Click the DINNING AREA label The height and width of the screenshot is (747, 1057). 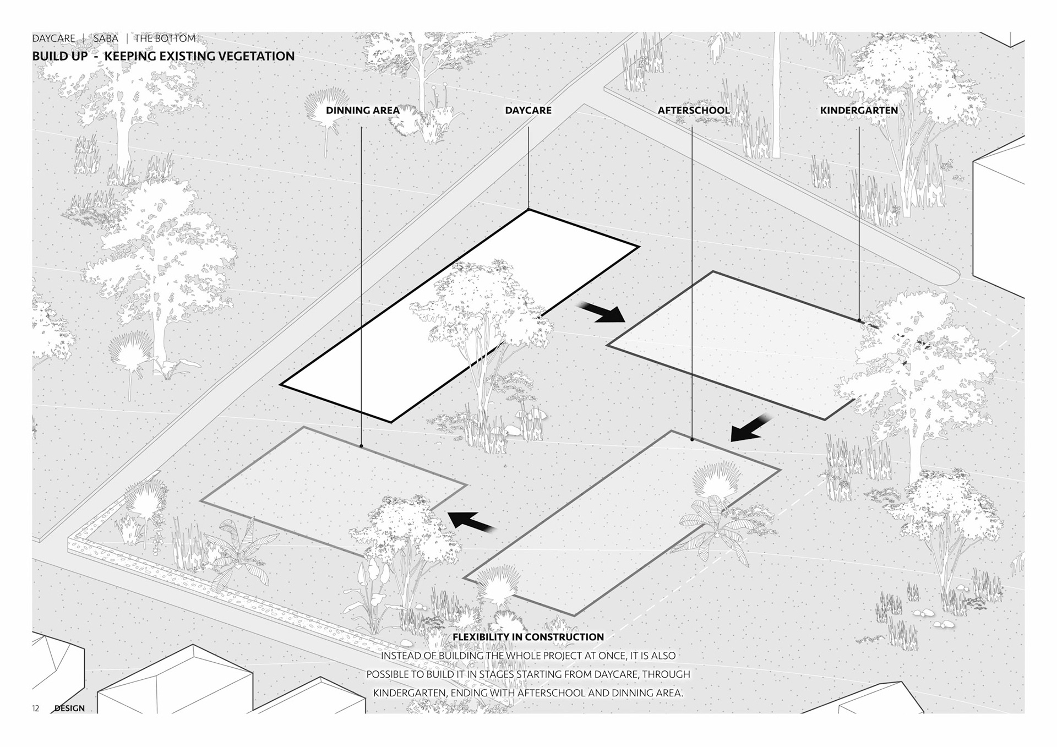[x=362, y=110]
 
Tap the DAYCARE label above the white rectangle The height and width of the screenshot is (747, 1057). [x=528, y=110]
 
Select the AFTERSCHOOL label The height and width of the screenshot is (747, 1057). [x=693, y=110]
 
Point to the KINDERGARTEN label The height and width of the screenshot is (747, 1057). [x=858, y=110]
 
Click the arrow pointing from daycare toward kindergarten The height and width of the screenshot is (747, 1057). [x=601, y=312]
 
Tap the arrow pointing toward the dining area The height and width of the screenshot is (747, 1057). [x=471, y=521]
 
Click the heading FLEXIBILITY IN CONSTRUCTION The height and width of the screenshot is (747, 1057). [x=528, y=637]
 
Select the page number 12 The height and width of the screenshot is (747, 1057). [x=36, y=708]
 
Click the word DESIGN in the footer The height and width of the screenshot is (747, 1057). [x=69, y=708]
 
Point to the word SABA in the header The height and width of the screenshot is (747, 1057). [x=105, y=39]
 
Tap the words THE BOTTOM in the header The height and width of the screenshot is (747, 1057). [x=165, y=39]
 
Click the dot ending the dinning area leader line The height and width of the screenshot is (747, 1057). [x=361, y=446]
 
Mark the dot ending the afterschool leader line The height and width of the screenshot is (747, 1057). [x=692, y=440]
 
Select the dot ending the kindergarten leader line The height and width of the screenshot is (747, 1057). [x=859, y=320]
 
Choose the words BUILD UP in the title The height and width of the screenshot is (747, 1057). [x=59, y=56]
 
